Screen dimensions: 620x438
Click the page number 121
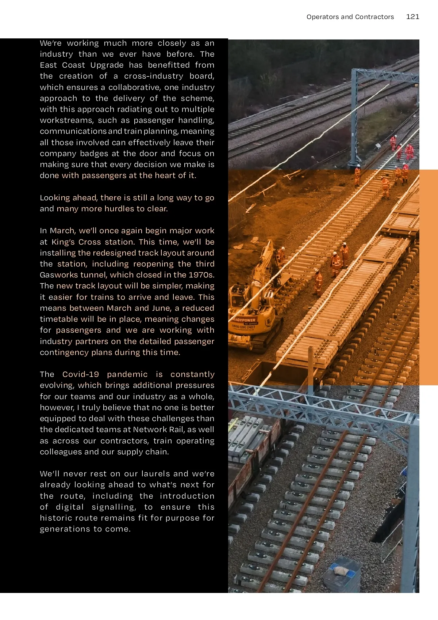(412, 17)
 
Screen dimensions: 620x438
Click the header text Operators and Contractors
(350, 17)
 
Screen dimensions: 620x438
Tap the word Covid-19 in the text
(81, 374)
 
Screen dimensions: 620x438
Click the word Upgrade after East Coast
(107, 65)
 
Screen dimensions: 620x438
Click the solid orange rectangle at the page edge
(429, 277)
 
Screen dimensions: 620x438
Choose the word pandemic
(127, 374)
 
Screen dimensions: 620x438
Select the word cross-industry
(154, 76)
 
